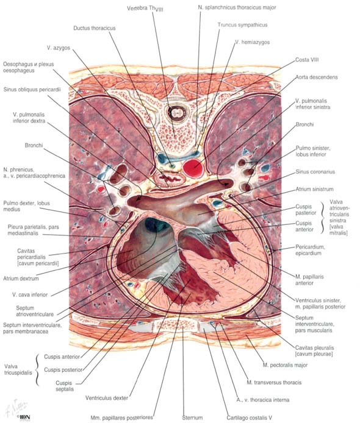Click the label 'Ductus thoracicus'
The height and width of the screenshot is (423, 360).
point(94,28)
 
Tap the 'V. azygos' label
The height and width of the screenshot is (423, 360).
point(59,48)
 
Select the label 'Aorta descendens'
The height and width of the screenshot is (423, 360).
point(317,77)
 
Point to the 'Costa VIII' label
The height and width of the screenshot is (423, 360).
point(307,60)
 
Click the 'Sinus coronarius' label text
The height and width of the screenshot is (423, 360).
point(315,172)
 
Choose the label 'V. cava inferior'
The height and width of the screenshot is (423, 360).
point(30,294)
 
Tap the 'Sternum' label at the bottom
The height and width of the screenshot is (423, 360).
point(192,418)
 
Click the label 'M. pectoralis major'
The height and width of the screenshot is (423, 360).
point(285,365)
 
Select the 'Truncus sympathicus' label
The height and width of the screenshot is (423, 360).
point(242,25)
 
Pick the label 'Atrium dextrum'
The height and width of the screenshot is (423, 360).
point(21,279)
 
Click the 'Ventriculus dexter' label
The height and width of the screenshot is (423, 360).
point(107,397)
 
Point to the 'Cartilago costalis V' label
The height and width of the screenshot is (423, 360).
point(250,418)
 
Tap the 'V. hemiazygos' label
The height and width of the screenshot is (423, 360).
point(252,42)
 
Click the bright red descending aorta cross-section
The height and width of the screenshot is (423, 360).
point(193,168)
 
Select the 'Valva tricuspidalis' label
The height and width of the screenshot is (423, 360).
point(18,369)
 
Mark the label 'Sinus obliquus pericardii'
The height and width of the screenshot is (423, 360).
point(32,90)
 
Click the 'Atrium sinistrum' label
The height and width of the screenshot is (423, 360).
point(314,189)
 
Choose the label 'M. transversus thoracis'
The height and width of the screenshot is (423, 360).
point(274,383)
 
